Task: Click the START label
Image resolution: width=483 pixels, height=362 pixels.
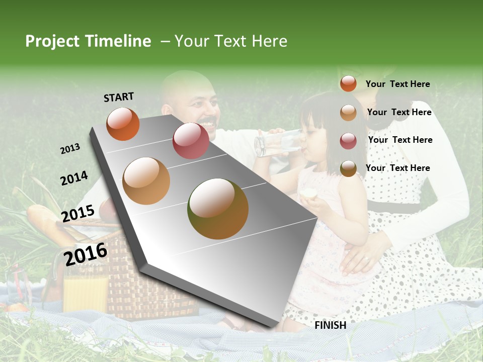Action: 119,97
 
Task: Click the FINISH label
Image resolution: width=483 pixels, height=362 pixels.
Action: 330,325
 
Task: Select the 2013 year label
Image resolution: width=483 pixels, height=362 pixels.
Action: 70,149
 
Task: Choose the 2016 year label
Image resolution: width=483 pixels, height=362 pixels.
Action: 86,254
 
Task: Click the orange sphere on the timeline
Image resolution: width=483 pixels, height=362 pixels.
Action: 123,124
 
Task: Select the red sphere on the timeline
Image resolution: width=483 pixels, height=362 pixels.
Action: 191,140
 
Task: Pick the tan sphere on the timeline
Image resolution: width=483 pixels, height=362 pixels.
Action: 146,180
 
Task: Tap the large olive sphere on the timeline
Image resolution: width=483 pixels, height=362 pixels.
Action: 218,209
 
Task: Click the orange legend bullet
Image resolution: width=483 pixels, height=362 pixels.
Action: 348,83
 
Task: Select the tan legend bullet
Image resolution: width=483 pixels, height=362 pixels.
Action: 348,113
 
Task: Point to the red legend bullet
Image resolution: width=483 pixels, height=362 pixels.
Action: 348,141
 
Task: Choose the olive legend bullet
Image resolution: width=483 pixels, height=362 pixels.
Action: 348,169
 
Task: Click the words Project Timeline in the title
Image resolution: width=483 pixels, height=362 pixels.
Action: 88,41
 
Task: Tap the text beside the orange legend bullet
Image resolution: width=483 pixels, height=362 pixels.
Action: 397,84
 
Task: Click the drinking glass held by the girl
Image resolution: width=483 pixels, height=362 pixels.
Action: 274,142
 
